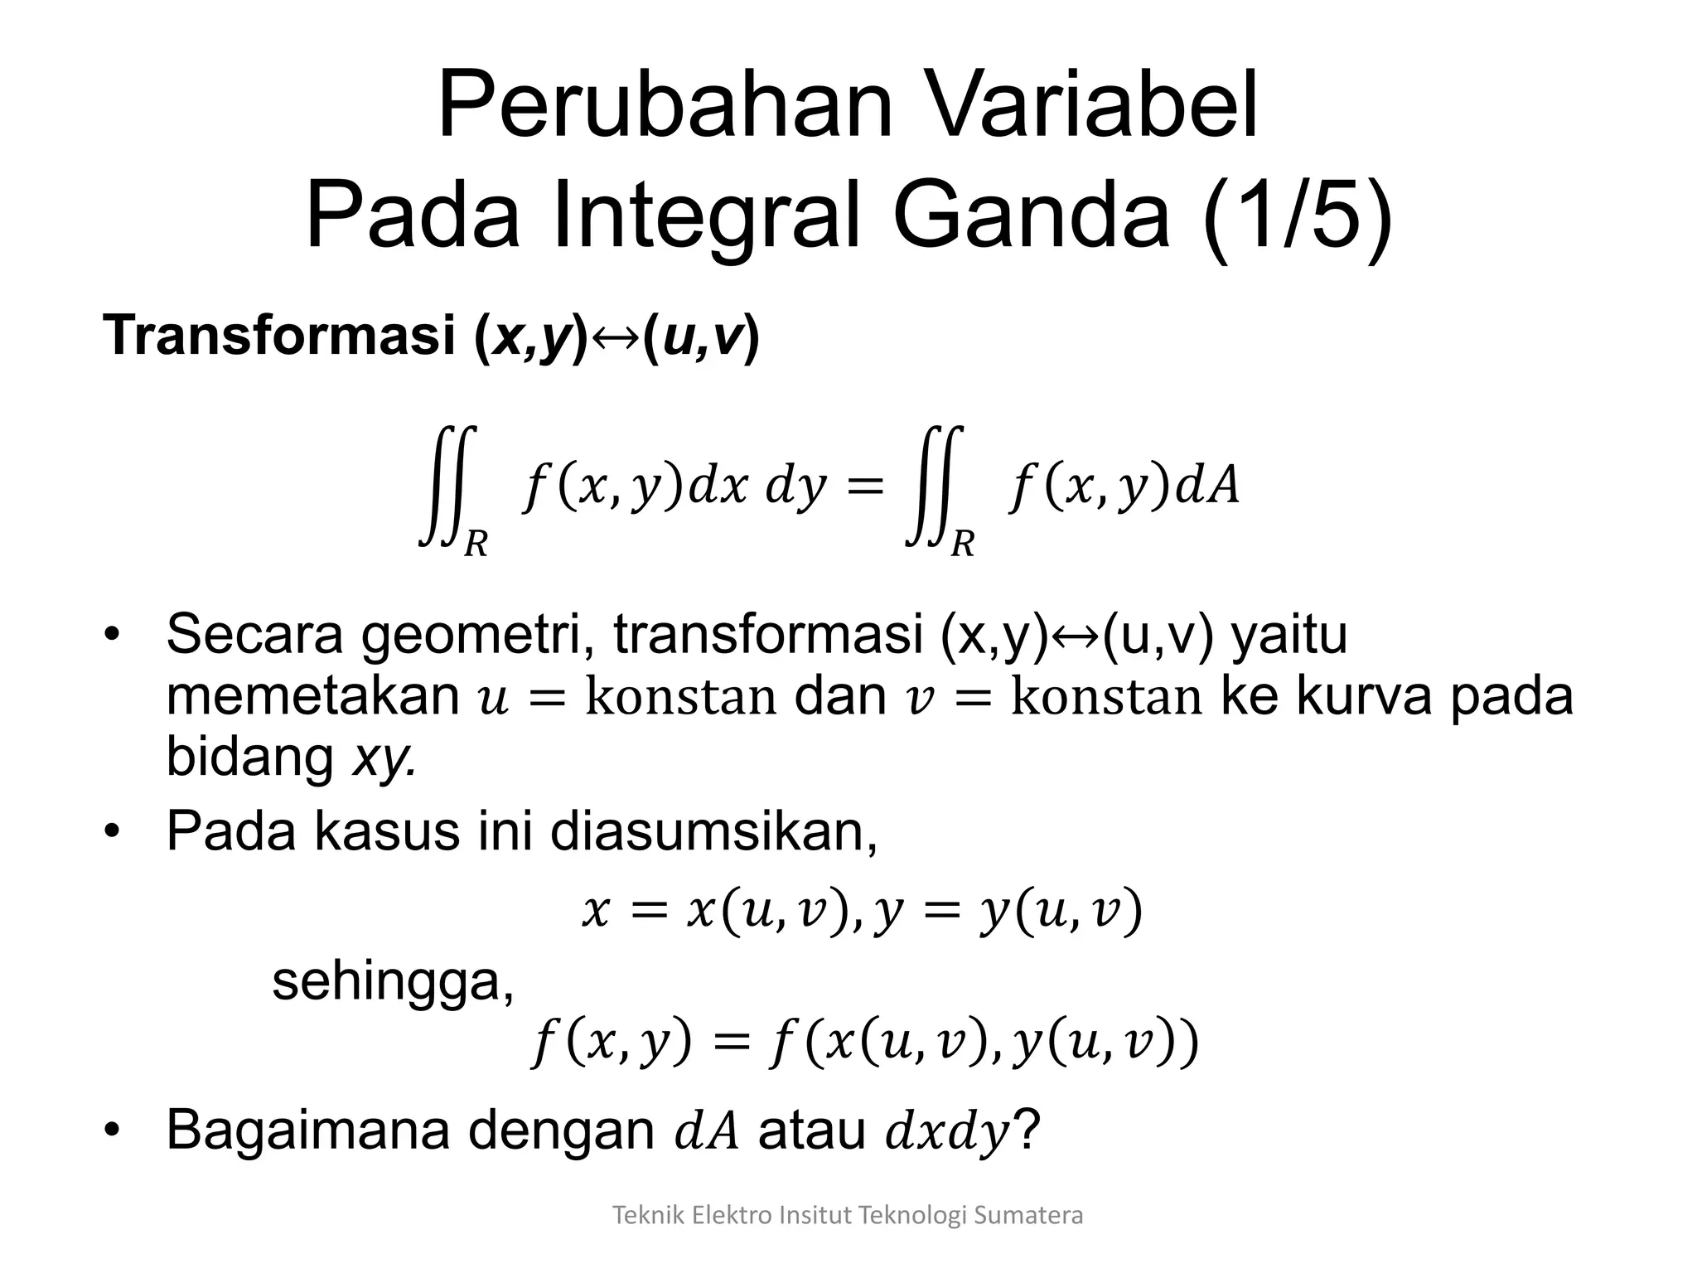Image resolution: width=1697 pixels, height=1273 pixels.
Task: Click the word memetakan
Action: (x=312, y=696)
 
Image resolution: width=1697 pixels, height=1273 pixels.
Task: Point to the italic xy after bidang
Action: (x=382, y=757)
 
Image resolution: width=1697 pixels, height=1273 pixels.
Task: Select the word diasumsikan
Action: (x=713, y=831)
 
